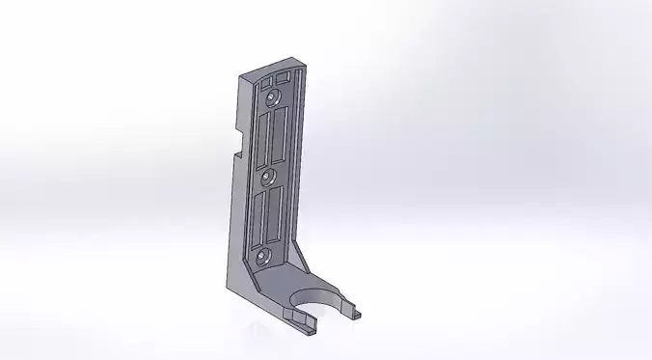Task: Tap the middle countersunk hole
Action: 268,177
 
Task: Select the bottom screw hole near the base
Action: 263,255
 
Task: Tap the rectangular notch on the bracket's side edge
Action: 236,143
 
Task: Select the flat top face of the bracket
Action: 270,67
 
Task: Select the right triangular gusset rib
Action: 302,259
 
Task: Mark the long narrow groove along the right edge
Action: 295,164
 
